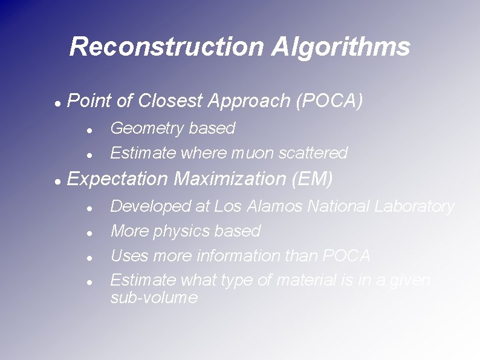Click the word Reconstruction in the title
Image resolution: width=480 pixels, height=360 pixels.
coord(166,47)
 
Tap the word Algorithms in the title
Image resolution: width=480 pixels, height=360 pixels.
coord(341,47)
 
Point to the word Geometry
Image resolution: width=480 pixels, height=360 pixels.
coord(147,128)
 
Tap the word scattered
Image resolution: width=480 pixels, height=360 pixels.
coord(313,153)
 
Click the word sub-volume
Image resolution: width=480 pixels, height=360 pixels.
coord(154,298)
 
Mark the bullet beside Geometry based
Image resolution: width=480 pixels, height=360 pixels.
coord(89,130)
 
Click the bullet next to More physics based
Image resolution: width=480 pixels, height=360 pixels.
coord(89,233)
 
